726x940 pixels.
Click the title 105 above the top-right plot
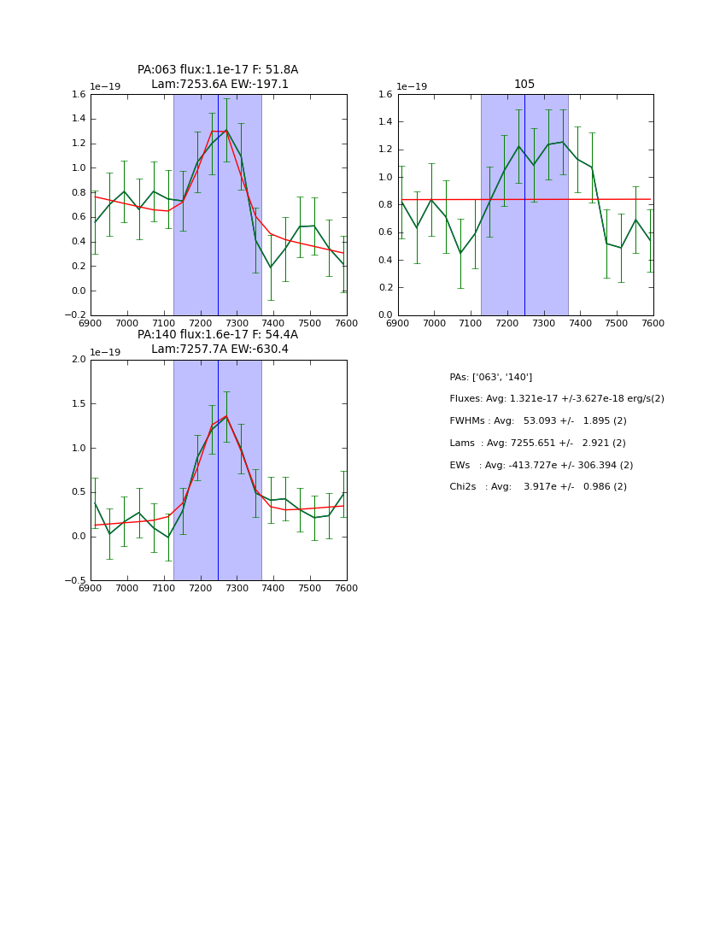524,84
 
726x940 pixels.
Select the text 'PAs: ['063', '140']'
490,377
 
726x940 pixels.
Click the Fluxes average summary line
556,399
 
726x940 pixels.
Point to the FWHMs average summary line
537,421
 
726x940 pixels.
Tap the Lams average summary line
537,444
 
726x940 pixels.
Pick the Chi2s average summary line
537,487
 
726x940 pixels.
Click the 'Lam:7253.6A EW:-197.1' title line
220,85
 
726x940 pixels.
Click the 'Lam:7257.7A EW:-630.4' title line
220,350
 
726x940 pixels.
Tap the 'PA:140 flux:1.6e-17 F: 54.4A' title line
218,335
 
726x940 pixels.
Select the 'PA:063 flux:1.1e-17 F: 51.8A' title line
218,70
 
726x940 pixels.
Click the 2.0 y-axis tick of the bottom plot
78,360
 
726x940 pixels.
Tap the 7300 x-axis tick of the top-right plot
543,324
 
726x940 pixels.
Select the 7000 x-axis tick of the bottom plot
126,589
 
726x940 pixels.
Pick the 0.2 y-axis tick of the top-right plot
385,288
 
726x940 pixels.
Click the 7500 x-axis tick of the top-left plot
309,324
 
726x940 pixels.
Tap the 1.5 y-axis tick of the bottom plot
78,404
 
